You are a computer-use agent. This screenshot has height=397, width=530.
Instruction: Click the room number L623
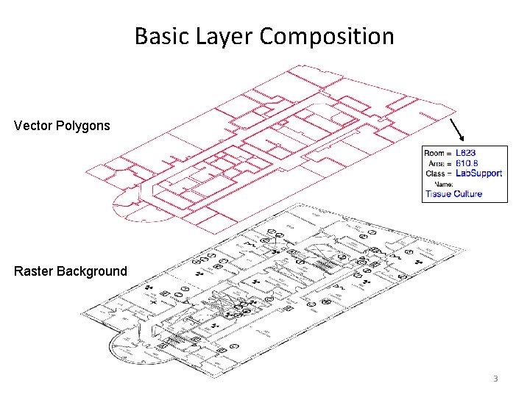click(466, 153)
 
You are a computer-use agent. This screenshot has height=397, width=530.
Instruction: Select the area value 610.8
click(467, 163)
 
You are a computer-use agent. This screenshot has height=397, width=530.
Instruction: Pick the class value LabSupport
click(479, 174)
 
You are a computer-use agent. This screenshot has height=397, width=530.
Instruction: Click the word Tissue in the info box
click(439, 194)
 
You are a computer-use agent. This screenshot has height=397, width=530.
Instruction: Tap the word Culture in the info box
click(469, 194)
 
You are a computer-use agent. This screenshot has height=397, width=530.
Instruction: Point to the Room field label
click(437, 153)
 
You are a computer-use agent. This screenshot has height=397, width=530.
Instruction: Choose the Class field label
click(437, 174)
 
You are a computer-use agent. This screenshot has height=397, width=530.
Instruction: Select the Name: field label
click(444, 184)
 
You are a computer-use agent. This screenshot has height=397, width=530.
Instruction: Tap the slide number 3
click(495, 379)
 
